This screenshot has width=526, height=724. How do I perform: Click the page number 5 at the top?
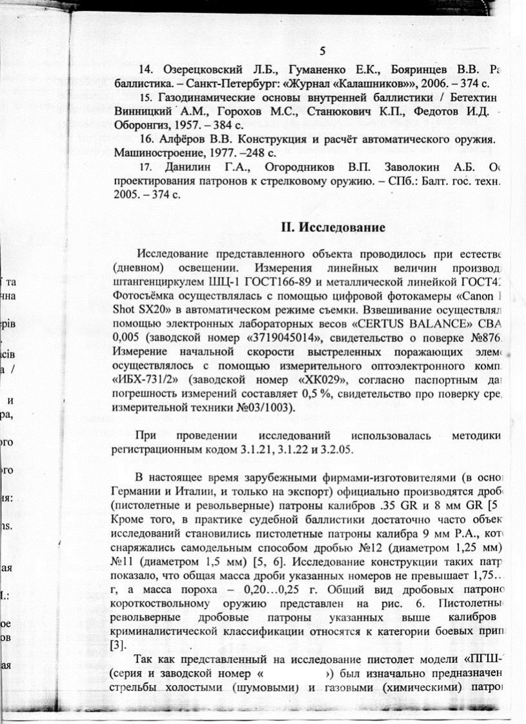pos(323,52)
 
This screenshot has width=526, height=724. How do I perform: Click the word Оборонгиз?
pos(140,126)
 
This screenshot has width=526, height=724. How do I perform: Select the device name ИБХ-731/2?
pos(143,379)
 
